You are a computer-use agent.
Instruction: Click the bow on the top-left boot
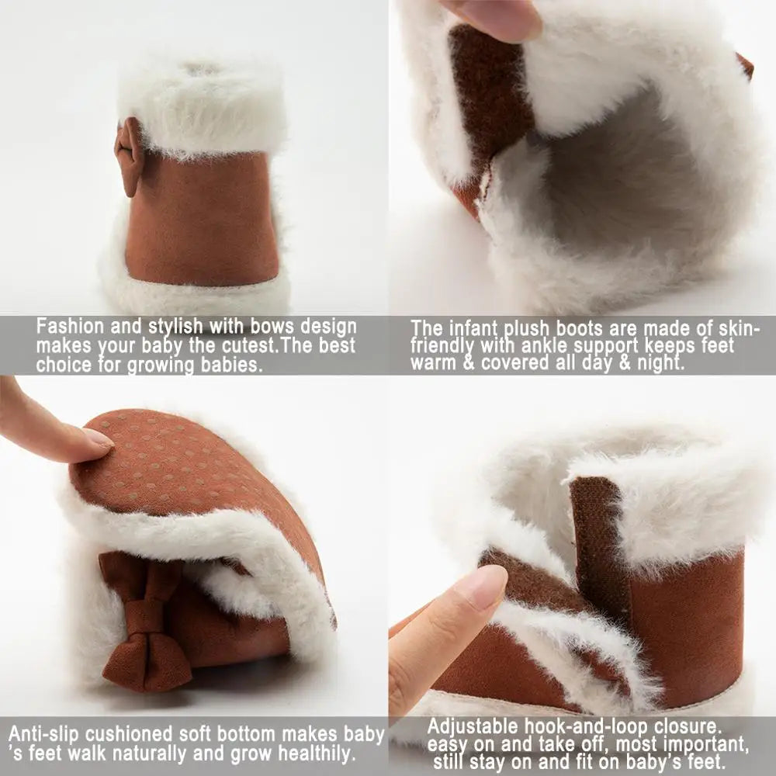129,156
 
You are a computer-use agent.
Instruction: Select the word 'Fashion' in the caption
71,327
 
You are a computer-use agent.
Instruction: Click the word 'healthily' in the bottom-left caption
317,753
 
